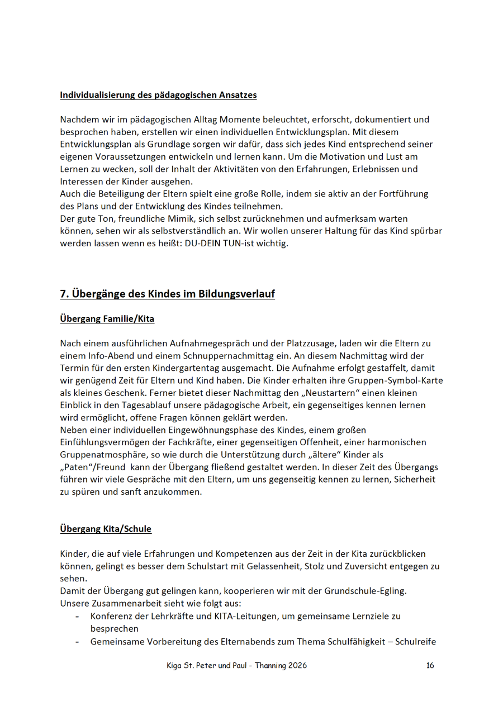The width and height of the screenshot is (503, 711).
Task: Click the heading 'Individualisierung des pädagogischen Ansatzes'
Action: coord(158,95)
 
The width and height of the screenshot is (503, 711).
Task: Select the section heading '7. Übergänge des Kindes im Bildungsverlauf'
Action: coord(167,294)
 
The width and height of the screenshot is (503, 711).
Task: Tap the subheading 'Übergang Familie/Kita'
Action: coord(107,319)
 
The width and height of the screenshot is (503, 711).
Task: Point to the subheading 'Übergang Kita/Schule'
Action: coord(106,529)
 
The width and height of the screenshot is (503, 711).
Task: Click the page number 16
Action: coord(430,665)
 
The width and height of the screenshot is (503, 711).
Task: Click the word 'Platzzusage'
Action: coord(291,343)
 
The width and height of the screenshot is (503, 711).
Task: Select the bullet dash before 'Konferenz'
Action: coord(77,617)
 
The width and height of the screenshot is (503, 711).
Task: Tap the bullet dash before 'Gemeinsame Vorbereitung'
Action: coord(77,642)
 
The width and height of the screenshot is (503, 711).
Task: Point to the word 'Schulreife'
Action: coord(415,642)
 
